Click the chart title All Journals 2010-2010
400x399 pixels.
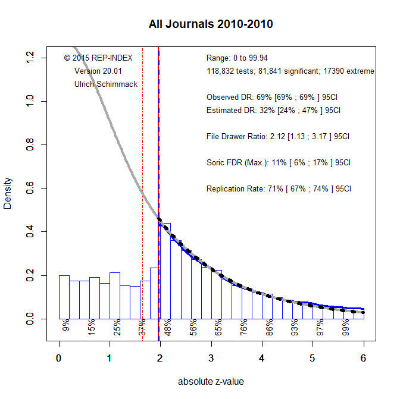point(211,24)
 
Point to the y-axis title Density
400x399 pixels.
point(8,193)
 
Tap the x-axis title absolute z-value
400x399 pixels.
point(211,381)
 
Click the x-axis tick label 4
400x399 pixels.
point(262,358)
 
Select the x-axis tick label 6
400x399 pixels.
point(363,358)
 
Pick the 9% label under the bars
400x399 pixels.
point(66,326)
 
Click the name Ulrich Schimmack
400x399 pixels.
point(106,84)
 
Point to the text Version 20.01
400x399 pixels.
point(98,71)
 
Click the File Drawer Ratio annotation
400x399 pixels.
point(277,136)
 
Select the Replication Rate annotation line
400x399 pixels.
point(279,188)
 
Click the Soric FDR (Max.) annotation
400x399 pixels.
point(278,162)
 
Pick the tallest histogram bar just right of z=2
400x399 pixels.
point(166,271)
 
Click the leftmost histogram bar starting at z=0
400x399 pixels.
point(64,297)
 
